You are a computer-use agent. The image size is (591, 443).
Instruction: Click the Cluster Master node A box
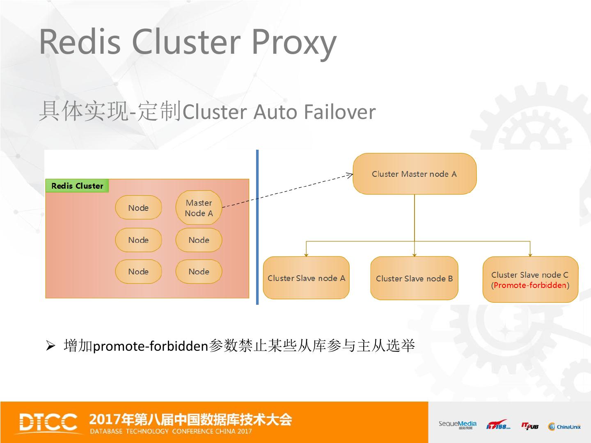[415, 174]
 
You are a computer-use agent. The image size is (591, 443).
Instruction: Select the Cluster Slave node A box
[306, 278]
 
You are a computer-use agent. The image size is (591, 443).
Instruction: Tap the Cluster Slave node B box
[414, 278]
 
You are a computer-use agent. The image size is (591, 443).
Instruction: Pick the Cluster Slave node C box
[530, 279]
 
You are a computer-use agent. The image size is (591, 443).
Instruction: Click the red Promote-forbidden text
[530, 285]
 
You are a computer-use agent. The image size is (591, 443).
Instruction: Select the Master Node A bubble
[199, 208]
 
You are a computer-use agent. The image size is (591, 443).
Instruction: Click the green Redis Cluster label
[77, 186]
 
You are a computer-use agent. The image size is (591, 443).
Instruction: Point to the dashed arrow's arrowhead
[350, 176]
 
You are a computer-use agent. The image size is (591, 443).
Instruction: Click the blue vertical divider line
[257, 228]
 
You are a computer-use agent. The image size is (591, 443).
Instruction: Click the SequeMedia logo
[457, 425]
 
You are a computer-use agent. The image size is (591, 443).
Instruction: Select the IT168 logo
[498, 425]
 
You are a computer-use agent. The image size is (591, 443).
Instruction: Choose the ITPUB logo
[530, 426]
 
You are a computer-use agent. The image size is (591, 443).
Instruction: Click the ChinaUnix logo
[565, 427]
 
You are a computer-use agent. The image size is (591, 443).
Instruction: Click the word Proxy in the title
[293, 43]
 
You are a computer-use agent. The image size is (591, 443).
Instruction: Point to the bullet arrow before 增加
[50, 346]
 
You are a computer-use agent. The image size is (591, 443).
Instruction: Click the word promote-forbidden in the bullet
[151, 347]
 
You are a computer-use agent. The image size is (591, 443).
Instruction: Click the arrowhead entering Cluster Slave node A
[306, 254]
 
